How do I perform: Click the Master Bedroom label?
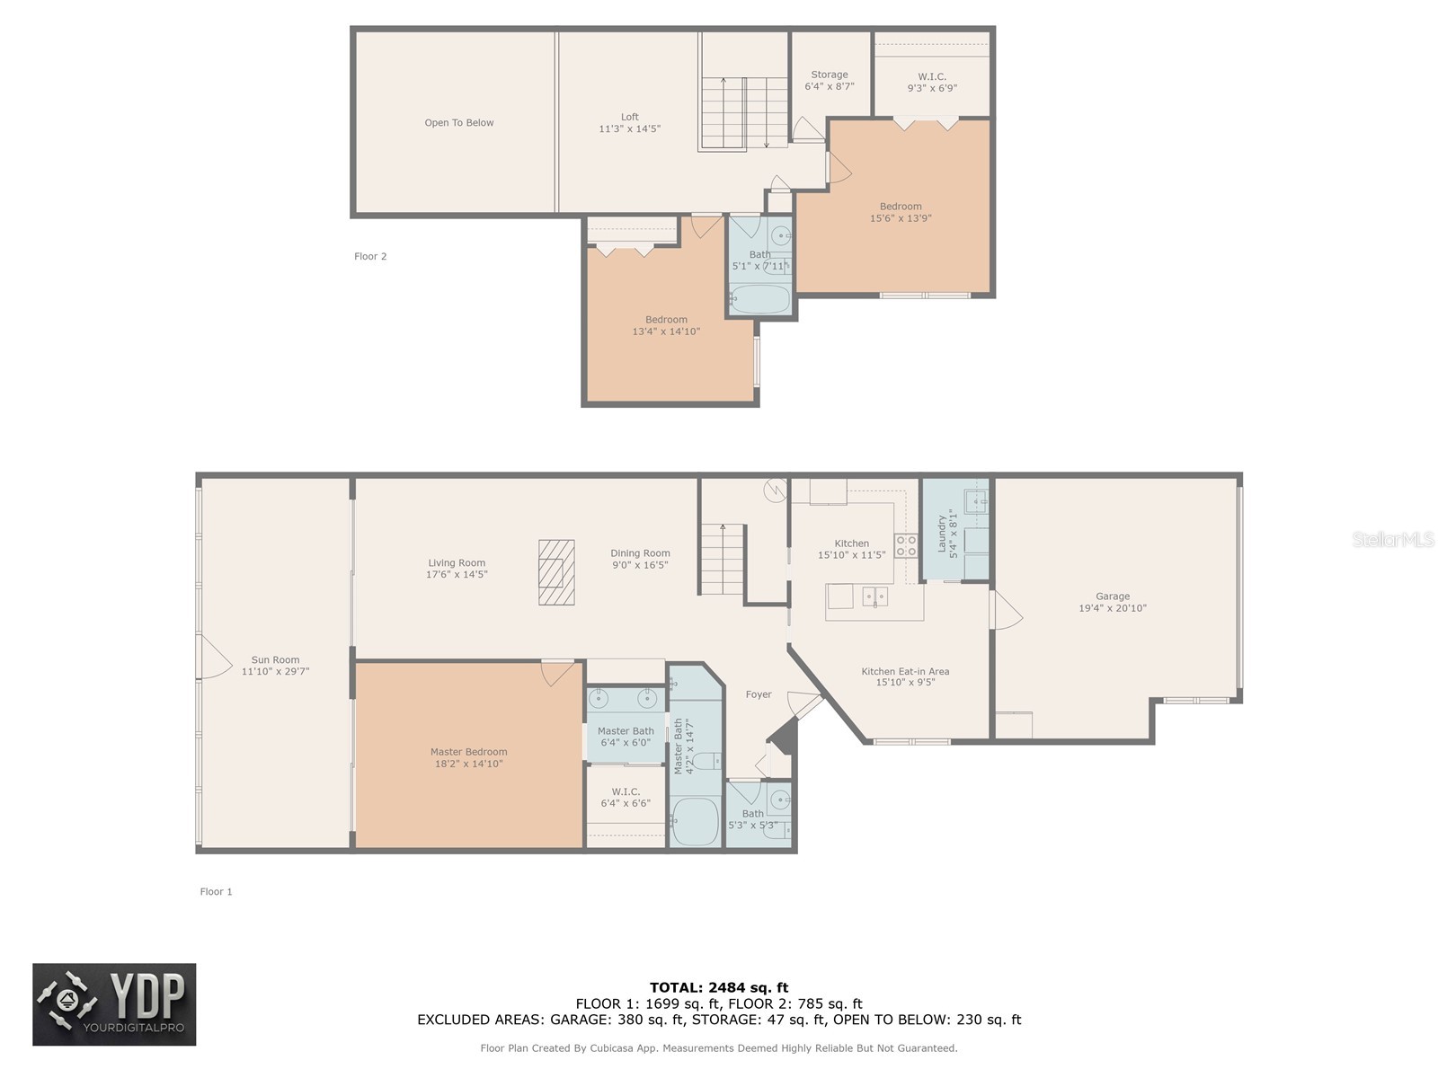[x=468, y=752]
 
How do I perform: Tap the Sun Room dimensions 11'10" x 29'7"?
[x=275, y=671]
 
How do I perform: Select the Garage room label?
[x=1112, y=596]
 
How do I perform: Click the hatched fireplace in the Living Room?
[x=556, y=572]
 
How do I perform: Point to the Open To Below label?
[x=458, y=123]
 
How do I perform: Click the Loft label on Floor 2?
[x=629, y=117]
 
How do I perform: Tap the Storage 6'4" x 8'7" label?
[x=829, y=81]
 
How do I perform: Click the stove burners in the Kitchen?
[x=905, y=545]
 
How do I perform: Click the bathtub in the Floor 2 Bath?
[x=759, y=298]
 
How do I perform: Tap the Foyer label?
[x=759, y=694]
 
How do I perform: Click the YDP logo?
[x=114, y=1004]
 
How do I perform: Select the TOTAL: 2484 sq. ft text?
[x=719, y=987]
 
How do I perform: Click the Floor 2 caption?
[x=370, y=256]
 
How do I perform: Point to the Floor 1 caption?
[x=216, y=891]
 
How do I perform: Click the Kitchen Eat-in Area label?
[x=905, y=671]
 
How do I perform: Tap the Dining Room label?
[x=640, y=553]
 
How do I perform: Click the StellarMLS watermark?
[x=1393, y=539]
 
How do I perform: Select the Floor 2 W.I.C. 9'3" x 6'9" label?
[x=932, y=83]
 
